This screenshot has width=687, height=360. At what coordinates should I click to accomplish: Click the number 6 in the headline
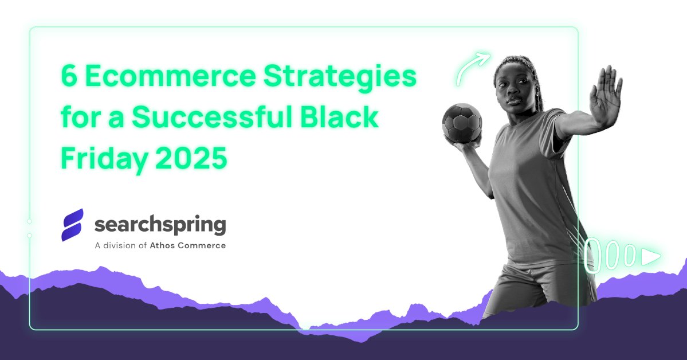click(x=69, y=77)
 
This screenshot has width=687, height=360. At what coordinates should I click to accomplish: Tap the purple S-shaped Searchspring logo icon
click(x=73, y=225)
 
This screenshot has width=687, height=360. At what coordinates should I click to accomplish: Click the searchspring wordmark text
click(x=160, y=225)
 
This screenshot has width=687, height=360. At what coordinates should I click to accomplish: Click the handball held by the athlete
click(x=462, y=122)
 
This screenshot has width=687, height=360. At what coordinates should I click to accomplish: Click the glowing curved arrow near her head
click(x=473, y=68)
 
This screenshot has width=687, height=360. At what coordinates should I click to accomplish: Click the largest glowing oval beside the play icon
click(x=592, y=255)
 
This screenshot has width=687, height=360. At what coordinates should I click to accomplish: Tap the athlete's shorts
click(x=533, y=287)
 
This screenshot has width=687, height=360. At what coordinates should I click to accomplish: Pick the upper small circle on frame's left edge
click(x=29, y=221)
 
